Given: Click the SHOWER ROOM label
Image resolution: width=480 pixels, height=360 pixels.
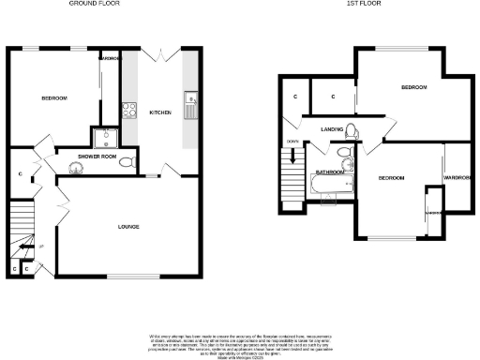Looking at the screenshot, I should click(96, 156).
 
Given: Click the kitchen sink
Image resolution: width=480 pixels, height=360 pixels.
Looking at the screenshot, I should click(190, 98).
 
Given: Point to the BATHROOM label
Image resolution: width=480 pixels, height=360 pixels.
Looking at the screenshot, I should click(329, 172).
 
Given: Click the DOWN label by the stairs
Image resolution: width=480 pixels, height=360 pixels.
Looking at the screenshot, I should click(292, 142).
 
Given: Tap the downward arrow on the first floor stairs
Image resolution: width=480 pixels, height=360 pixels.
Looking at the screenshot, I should click(294, 157).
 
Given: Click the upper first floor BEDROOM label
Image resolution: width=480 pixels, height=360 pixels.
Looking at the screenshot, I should click(413, 87).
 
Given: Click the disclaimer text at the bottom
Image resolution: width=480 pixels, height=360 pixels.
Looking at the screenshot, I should click(240, 343).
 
